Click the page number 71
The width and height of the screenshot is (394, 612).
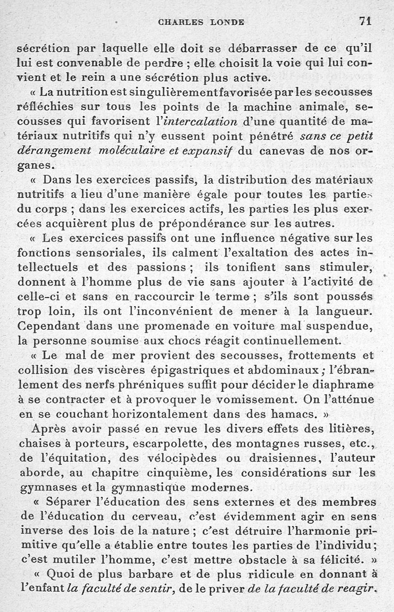tap(365, 21)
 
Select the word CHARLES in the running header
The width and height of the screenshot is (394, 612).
tap(178, 22)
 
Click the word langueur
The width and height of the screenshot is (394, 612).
tap(347, 311)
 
